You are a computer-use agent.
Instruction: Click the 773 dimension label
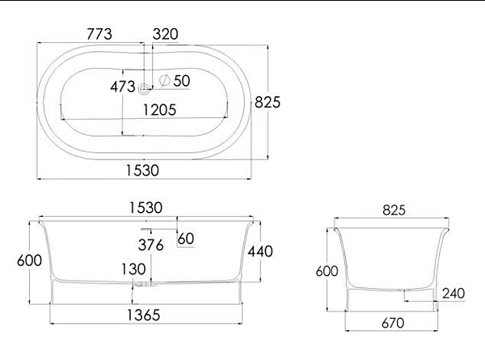point(99,34)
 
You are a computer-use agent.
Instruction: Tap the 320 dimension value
point(166,34)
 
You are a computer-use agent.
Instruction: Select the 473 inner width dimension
point(123,87)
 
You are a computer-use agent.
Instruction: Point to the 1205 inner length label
point(159,110)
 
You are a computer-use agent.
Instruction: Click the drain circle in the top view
point(144,89)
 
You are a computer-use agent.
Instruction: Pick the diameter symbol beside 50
point(165,80)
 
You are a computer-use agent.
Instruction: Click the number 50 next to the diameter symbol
point(182,81)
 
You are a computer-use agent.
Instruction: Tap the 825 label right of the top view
point(268,102)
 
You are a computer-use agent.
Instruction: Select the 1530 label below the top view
point(142,170)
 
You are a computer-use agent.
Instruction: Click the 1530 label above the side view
point(145,208)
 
